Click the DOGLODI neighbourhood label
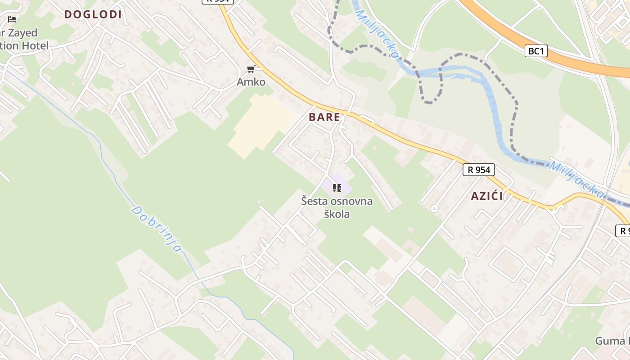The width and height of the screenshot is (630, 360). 93,14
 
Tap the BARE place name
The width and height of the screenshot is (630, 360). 324,117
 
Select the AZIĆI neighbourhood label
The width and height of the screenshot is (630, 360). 486,196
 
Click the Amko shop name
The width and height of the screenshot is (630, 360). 251,82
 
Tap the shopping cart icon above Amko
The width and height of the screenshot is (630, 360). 251,69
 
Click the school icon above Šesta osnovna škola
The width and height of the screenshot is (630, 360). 337,188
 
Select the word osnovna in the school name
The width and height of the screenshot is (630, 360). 352,201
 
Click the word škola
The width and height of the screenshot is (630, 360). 337,214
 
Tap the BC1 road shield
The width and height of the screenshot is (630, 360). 536,51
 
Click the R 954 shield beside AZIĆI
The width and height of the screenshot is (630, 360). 479,170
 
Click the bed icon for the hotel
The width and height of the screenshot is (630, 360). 12,19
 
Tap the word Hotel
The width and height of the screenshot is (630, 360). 34,45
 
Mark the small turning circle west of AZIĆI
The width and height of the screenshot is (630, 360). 434,208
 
